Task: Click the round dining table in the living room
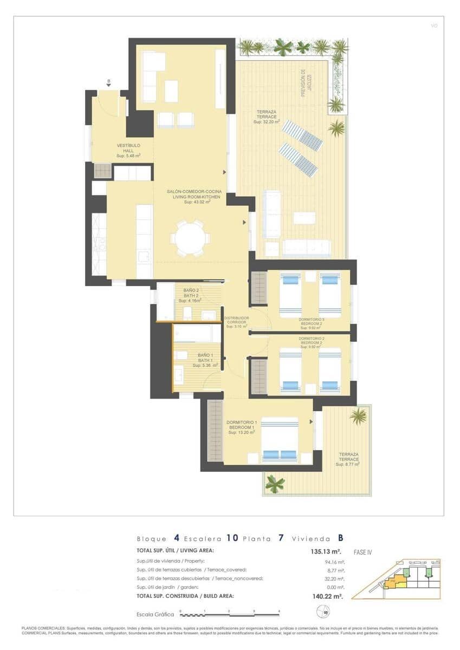[189, 237]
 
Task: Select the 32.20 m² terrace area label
[267, 117]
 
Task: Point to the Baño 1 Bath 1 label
[205, 360]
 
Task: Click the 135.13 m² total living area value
[325, 552]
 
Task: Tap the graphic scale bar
[230, 614]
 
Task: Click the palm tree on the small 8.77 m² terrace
[358, 416]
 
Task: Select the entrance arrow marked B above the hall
[109, 83]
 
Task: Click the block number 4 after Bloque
[177, 538]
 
